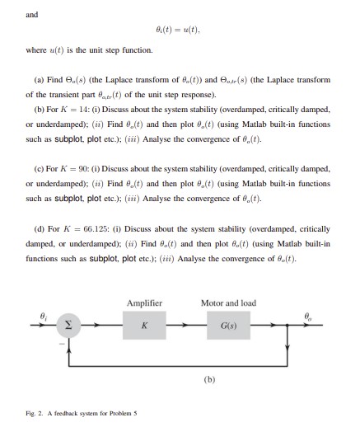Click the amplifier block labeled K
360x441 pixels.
click(x=144, y=326)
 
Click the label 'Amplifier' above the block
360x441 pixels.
click(x=144, y=303)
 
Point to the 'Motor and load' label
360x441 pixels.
click(x=228, y=303)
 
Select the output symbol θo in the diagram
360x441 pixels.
click(x=307, y=316)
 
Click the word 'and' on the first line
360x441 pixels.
click(x=32, y=15)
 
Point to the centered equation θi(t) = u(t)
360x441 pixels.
click(x=179, y=31)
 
